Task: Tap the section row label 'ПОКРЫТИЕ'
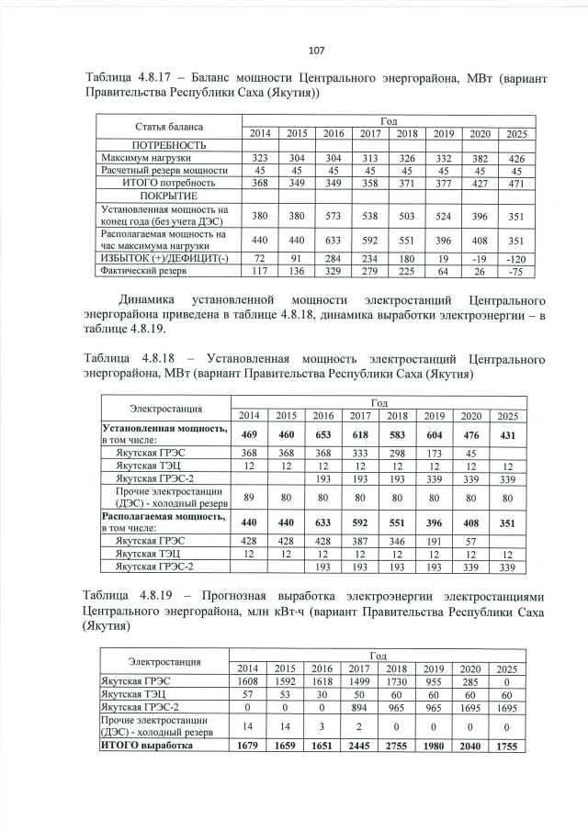point(167,196)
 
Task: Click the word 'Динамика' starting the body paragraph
point(151,300)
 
